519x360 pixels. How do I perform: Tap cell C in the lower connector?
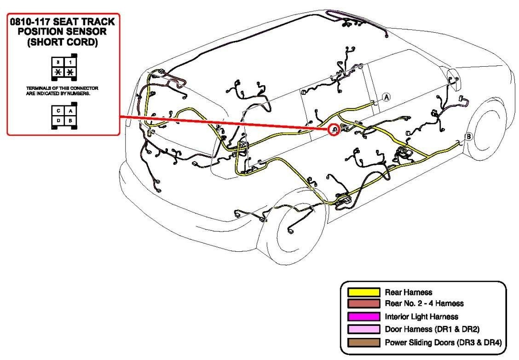pyautogui.click(x=58, y=111)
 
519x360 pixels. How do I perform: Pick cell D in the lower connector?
pyautogui.click(x=58, y=121)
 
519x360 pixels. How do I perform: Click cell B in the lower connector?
pyautogui.click(x=69, y=121)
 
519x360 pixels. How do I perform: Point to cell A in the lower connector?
pyautogui.click(x=69, y=111)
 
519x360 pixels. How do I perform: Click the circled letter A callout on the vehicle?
pyautogui.click(x=386, y=97)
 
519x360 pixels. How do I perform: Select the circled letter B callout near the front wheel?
pyautogui.click(x=468, y=136)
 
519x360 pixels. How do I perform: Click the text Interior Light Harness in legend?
pyautogui.click(x=421, y=317)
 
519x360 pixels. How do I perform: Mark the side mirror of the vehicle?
pyautogui.click(x=453, y=76)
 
